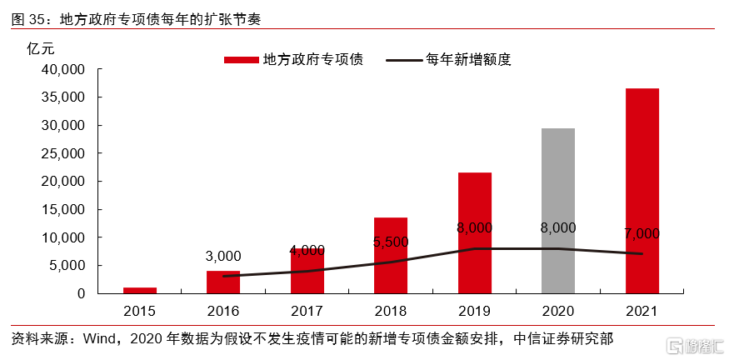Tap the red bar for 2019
(x=474, y=232)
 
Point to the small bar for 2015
(x=139, y=290)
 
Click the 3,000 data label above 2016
(x=223, y=256)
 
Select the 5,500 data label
(x=391, y=242)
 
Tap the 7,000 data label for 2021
(x=642, y=233)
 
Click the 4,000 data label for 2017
(x=307, y=249)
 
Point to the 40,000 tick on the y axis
(x=64, y=69)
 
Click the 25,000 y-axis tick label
(x=64, y=153)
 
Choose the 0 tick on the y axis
(x=81, y=293)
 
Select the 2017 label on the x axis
(x=307, y=312)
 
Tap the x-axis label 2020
(x=557, y=312)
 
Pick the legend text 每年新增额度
(x=467, y=59)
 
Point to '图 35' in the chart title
(x=28, y=17)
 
